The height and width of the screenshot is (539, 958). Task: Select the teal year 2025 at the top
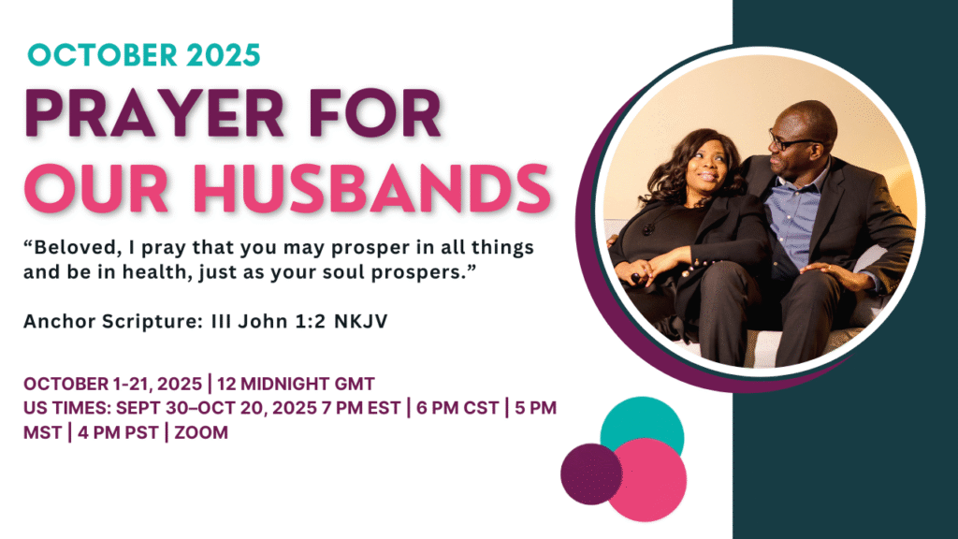click(x=224, y=55)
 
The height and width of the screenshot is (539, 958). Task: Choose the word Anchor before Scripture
click(x=60, y=321)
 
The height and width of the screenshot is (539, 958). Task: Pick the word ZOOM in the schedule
click(x=201, y=432)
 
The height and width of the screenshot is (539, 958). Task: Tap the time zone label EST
click(x=384, y=408)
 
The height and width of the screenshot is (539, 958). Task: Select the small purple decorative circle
click(x=591, y=474)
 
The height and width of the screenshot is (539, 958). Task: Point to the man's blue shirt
click(x=795, y=215)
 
